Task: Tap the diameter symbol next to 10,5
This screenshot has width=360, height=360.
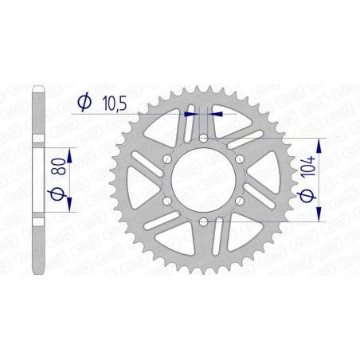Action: pyautogui.click(x=83, y=101)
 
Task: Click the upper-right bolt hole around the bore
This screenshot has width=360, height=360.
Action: pyautogui.click(x=241, y=159)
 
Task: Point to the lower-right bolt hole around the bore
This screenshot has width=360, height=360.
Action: pyautogui.click(x=241, y=201)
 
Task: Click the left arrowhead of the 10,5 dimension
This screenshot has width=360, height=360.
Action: pyautogui.click(x=194, y=114)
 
